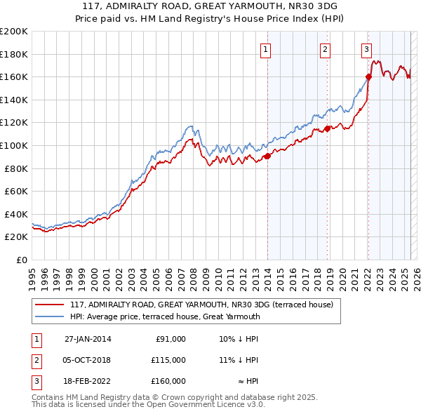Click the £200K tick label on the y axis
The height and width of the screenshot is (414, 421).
14,32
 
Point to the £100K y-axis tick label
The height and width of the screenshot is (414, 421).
14,145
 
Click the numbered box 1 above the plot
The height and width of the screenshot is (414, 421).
267,49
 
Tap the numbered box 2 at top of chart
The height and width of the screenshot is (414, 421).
326,49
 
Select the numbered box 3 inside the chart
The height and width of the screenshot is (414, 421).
366,49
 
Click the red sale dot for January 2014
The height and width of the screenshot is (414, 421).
268,156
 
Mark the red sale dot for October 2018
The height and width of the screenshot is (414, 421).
327,128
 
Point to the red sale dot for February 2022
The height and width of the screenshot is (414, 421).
368,77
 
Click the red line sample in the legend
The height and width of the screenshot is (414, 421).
49,305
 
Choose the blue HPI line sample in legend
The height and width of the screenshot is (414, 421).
49,316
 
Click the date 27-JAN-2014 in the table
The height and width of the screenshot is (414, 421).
88,339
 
